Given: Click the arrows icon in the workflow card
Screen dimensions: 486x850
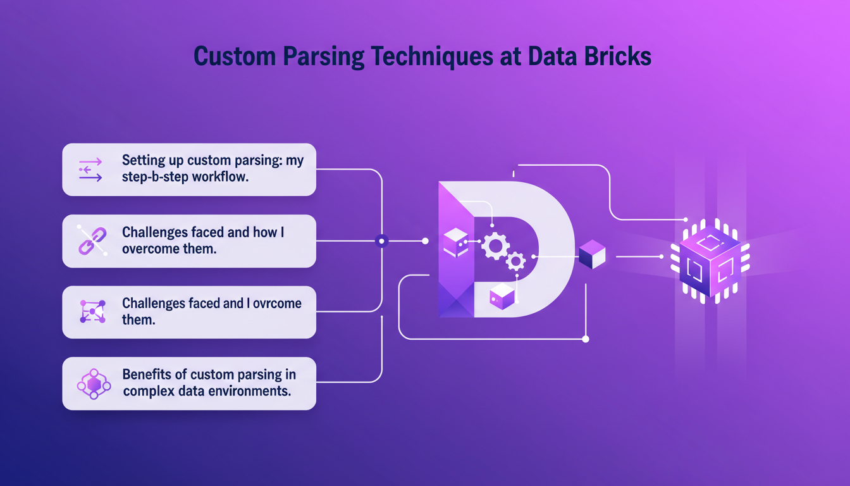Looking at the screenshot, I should (x=90, y=170).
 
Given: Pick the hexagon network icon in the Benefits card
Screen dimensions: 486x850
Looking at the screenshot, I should (x=94, y=383).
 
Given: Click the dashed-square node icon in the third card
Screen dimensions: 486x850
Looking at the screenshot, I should (x=92, y=312).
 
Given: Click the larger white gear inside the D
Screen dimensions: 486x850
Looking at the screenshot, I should (x=495, y=245).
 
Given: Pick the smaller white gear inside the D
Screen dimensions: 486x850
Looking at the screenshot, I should (x=516, y=261).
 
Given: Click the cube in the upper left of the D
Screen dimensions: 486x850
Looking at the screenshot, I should (x=455, y=243).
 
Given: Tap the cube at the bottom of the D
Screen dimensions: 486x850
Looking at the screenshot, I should (x=502, y=296).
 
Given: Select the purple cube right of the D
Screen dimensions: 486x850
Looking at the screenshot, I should (x=592, y=254).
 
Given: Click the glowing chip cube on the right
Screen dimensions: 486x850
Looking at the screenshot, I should (x=709, y=258).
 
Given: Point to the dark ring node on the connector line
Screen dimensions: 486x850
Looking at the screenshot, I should (x=381, y=241).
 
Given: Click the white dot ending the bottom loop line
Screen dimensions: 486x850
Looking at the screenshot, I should (x=585, y=339).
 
